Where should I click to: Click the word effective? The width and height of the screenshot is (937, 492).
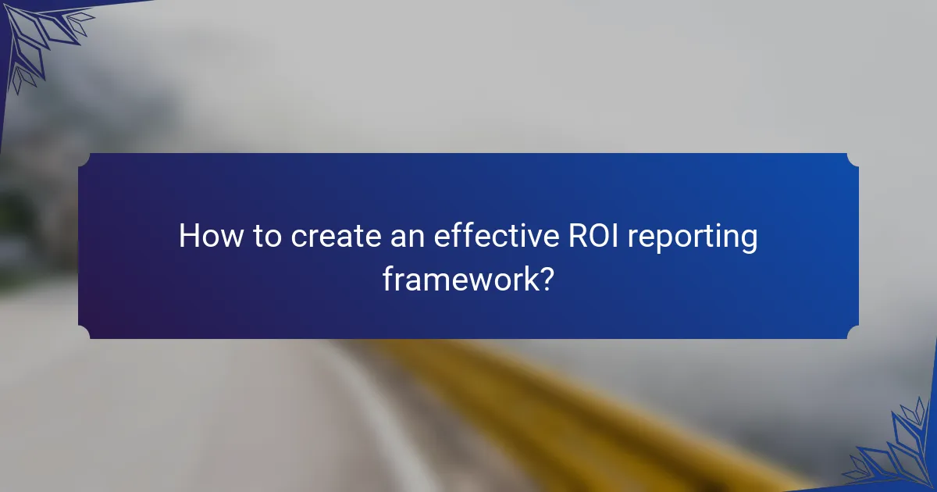pyautogui.click(x=486, y=237)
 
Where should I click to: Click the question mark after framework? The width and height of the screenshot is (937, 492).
pyautogui.click(x=547, y=278)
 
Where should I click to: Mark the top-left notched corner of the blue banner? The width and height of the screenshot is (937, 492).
pyautogui.click(x=84, y=159)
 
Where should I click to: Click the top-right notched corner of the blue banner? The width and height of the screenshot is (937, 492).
pyautogui.click(x=853, y=159)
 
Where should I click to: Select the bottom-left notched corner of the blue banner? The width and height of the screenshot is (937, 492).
pyautogui.click(x=84, y=333)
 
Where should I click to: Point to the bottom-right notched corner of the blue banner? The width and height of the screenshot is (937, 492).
pyautogui.click(x=853, y=333)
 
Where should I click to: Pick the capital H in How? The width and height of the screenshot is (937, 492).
pyautogui.click(x=189, y=237)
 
